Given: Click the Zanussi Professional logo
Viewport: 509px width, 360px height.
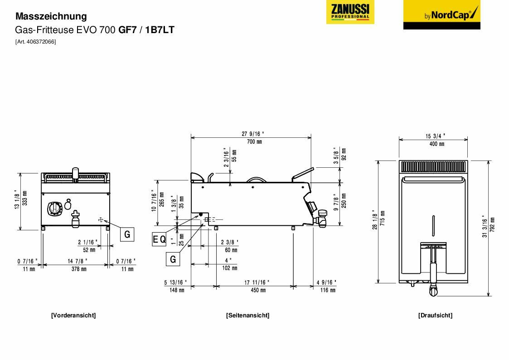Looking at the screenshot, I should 350,12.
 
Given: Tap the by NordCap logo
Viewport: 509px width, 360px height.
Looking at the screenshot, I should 441,15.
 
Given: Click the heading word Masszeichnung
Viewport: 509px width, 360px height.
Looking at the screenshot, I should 51,16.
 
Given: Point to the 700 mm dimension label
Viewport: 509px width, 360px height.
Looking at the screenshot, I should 252,142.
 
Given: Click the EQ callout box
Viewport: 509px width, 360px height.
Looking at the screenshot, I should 159,240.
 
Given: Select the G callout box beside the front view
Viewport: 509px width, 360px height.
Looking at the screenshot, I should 127,234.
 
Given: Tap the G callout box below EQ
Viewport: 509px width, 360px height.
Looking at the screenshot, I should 173,259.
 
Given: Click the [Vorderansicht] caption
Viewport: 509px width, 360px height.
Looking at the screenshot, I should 73,315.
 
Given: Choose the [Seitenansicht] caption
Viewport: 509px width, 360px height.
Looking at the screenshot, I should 247,315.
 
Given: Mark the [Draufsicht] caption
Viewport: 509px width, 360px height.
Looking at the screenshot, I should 435,315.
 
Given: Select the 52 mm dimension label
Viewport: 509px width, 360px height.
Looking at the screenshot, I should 89,250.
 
